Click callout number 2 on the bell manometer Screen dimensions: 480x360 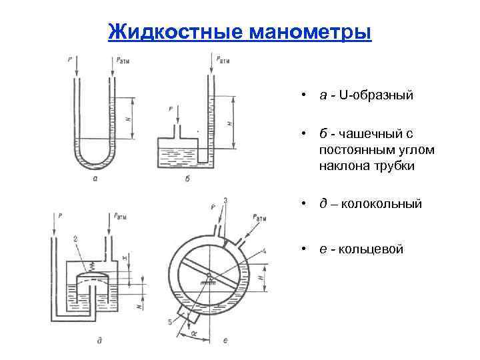(77, 239)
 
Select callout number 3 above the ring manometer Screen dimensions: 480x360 (225, 201)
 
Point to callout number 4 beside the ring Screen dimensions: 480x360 (265, 251)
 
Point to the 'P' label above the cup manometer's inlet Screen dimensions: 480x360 (171, 108)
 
